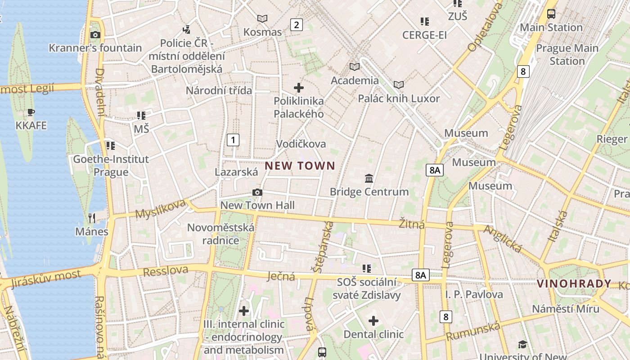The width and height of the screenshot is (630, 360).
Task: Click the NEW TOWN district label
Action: [x=300, y=166]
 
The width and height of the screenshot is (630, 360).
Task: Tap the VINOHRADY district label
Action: [x=574, y=284]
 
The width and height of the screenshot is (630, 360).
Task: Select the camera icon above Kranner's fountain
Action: [x=95, y=35]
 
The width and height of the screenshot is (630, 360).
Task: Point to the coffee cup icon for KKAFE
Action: [x=31, y=112]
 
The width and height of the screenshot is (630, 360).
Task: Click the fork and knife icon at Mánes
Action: [x=92, y=218]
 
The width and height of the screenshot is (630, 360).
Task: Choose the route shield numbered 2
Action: [x=296, y=25]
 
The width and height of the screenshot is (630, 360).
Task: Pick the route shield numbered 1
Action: [x=233, y=140]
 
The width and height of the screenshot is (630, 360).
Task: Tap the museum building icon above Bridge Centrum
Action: [x=369, y=179]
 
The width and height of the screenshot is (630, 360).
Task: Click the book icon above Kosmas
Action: [x=262, y=18]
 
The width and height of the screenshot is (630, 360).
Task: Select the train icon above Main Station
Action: [x=551, y=14]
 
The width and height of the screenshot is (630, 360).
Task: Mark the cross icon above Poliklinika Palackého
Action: [x=299, y=87]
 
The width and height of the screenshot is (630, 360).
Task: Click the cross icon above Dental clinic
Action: [x=373, y=321]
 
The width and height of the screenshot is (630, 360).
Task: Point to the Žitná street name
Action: [x=412, y=224]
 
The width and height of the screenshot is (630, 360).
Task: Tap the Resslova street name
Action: [x=165, y=271]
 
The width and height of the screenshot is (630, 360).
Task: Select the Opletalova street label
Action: [x=485, y=27]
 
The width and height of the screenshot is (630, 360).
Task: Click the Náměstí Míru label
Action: [x=566, y=309]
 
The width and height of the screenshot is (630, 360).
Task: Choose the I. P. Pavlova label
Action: [x=474, y=295]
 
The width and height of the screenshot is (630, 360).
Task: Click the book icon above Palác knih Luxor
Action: [x=398, y=85]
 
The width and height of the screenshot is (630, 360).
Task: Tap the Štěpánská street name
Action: [x=322, y=247]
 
